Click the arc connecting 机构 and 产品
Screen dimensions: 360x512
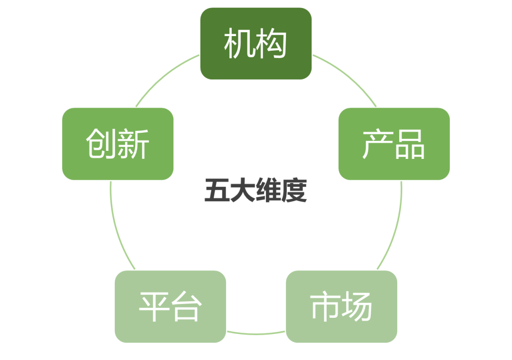(348, 76)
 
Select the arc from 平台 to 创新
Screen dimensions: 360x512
(118, 228)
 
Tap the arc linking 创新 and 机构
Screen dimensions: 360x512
(164, 76)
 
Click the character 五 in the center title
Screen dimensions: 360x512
(217, 191)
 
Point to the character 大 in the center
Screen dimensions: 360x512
(243, 191)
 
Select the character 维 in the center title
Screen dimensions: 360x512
(269, 191)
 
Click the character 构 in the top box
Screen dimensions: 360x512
(272, 44)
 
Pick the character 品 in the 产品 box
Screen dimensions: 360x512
(410, 144)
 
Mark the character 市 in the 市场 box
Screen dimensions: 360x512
(326, 306)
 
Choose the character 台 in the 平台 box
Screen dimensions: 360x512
(186, 306)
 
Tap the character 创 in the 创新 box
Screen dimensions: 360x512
(102, 144)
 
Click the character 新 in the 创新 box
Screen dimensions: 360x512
(133, 144)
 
